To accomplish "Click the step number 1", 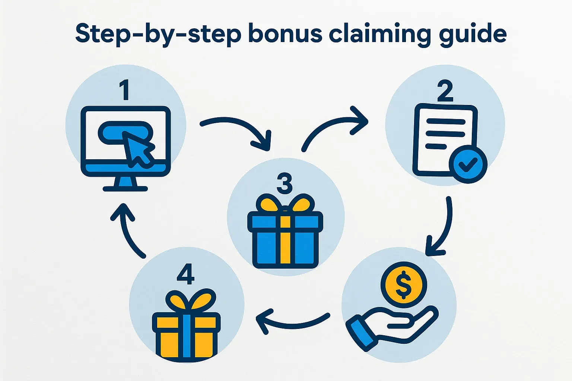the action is pos(125,90).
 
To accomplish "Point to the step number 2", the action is pos(445,90).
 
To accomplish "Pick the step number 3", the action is pos(285,183).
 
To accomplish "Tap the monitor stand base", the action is pos(125,189).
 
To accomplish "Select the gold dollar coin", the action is pos(403,285).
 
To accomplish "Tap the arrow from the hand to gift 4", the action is pos(291,326).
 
